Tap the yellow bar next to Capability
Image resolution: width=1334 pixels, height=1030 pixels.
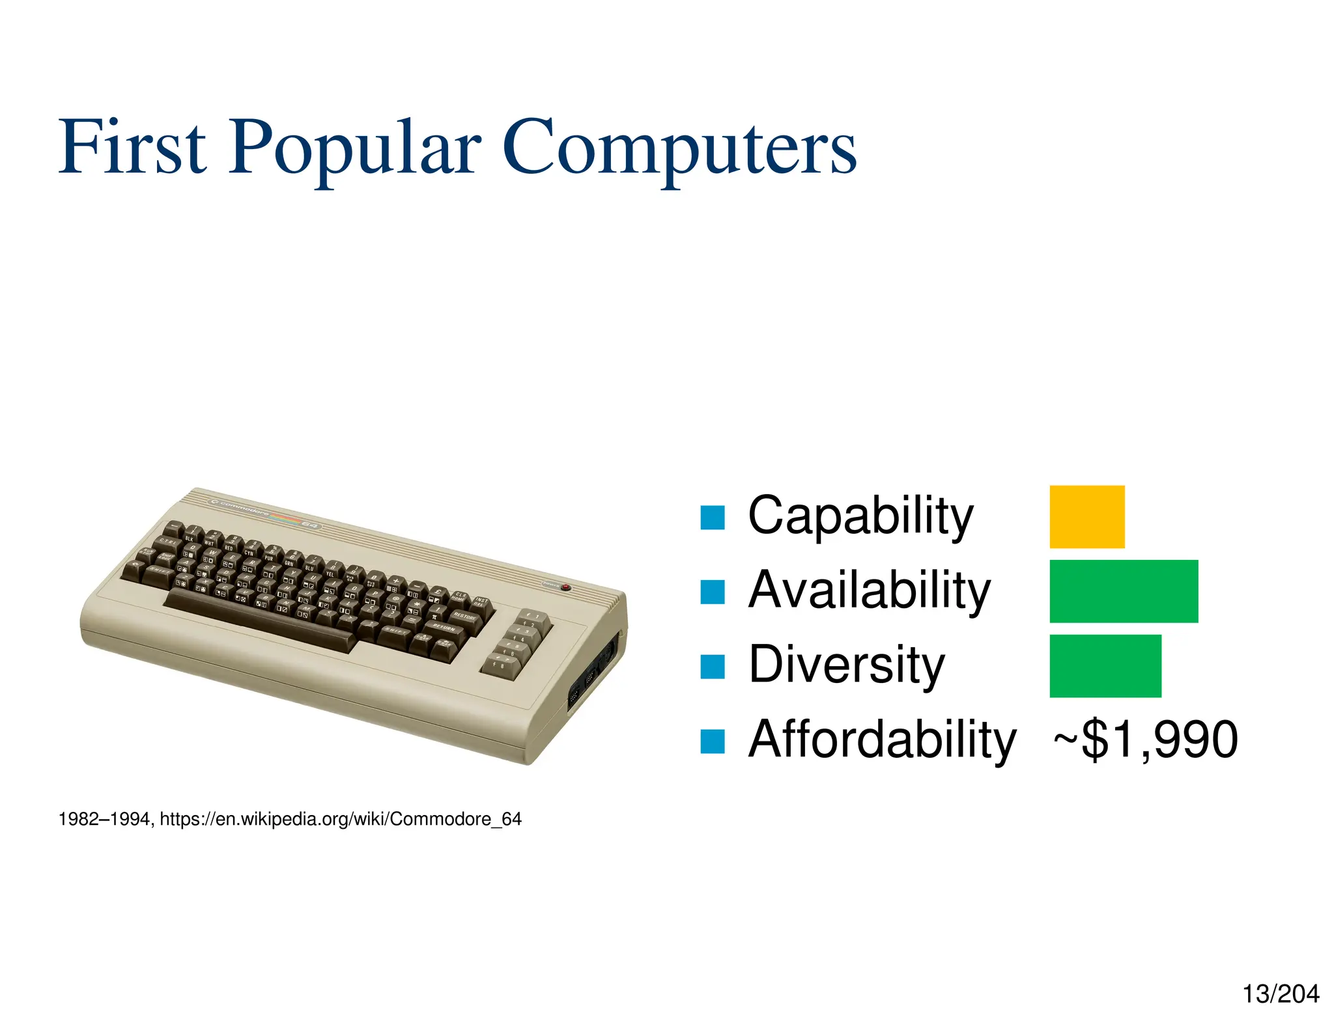click(x=1086, y=516)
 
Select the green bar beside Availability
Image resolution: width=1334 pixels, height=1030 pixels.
click(x=1123, y=591)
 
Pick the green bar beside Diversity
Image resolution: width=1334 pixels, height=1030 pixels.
click(x=1105, y=665)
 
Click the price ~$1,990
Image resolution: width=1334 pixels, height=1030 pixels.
click(x=1145, y=739)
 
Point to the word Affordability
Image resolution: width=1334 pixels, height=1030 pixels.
click(x=881, y=739)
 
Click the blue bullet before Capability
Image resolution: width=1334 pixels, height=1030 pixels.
click(x=712, y=518)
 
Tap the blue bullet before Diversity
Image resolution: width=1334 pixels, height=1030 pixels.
click(x=712, y=667)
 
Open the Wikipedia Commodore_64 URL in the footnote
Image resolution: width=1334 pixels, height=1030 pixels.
click(x=341, y=819)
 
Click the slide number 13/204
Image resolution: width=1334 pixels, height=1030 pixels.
click(x=1280, y=994)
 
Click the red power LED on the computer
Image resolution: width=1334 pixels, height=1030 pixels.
click(x=565, y=587)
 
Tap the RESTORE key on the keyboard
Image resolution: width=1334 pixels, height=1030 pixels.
click(x=464, y=616)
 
